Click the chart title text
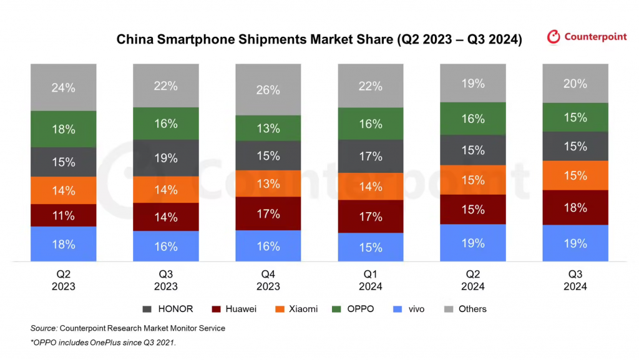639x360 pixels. pyautogui.click(x=319, y=40)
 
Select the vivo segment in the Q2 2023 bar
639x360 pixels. pyautogui.click(x=64, y=244)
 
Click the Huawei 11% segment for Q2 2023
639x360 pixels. pyautogui.click(x=64, y=215)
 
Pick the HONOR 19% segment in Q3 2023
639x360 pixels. pyautogui.click(x=166, y=158)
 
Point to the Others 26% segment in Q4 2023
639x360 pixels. pyautogui.click(x=268, y=90)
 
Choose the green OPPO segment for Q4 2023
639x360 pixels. pyautogui.click(x=268, y=129)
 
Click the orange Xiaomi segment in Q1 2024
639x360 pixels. pyautogui.click(x=371, y=186)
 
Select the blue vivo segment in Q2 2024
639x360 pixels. pyautogui.click(x=473, y=243)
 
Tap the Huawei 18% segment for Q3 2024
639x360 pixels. pyautogui.click(x=575, y=207)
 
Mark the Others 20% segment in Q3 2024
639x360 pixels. pyautogui.click(x=575, y=84)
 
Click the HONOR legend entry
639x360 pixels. pyautogui.click(x=168, y=309)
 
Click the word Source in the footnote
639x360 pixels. pyautogui.click(x=43, y=328)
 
